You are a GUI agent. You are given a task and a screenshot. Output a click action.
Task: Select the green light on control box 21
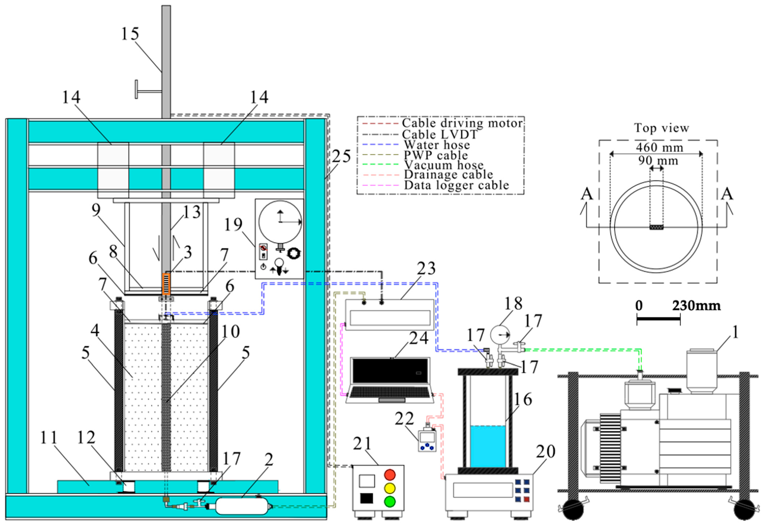(390, 501)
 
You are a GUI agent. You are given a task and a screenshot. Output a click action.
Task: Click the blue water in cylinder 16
(488, 446)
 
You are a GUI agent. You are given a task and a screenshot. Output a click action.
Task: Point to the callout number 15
(130, 34)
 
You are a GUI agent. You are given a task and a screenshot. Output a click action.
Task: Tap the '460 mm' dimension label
(659, 147)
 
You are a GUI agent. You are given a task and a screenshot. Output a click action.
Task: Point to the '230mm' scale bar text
(696, 306)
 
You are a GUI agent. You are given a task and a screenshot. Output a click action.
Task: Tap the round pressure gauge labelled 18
(500, 335)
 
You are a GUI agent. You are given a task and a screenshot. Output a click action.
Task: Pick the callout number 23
(426, 269)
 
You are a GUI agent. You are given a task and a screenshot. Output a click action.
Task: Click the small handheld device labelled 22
(427, 440)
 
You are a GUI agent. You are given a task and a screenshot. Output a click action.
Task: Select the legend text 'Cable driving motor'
(462, 123)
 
